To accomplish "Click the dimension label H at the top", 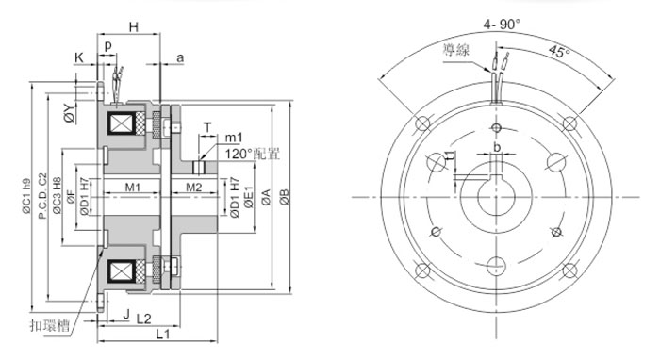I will tap(135, 28).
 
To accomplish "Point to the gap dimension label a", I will tap(180, 57).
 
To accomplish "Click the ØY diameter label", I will tap(69, 114).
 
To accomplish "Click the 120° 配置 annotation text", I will tap(252, 153).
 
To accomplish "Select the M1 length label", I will tap(133, 188).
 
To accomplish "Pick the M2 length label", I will tap(192, 188).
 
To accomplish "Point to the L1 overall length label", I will tap(161, 335).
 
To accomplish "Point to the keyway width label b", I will tap(497, 147).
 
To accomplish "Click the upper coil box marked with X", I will tap(124, 125).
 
